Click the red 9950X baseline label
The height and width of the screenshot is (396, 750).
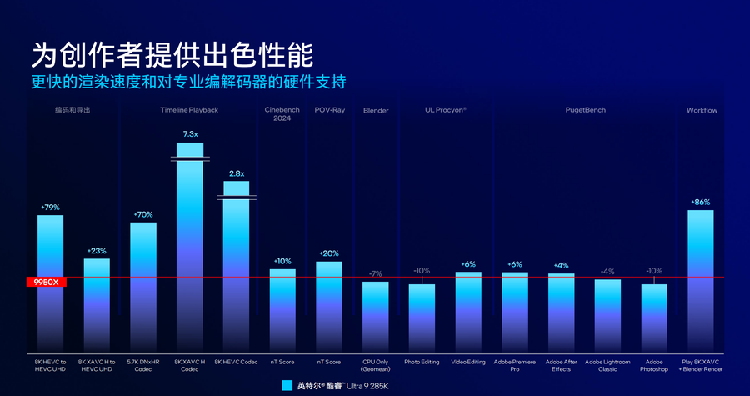click(x=45, y=283)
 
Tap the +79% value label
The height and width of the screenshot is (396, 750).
click(x=50, y=207)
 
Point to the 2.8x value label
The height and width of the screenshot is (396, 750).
click(x=236, y=173)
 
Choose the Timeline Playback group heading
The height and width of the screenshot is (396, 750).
click(x=189, y=110)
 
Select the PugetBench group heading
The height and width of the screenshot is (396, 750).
click(x=585, y=110)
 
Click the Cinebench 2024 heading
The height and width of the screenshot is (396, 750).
click(x=282, y=114)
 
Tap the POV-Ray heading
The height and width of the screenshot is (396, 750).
click(x=329, y=110)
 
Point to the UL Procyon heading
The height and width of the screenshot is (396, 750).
click(x=445, y=110)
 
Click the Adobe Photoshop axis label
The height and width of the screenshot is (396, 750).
click(x=654, y=365)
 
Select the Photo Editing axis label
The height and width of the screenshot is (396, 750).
click(x=422, y=362)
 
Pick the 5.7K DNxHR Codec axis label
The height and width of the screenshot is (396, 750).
click(x=142, y=365)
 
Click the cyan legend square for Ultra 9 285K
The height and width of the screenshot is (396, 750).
click(x=287, y=385)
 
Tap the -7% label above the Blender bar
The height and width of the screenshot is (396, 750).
click(x=375, y=273)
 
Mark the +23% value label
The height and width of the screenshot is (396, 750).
click(x=97, y=250)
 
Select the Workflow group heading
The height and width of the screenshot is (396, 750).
click(x=702, y=110)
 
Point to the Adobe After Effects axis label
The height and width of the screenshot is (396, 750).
click(x=561, y=365)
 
